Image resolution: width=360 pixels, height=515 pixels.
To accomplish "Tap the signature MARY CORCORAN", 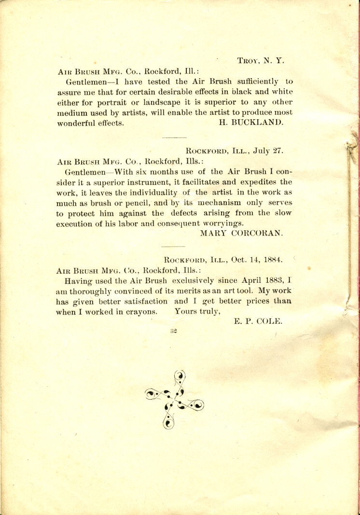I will pos(241,233).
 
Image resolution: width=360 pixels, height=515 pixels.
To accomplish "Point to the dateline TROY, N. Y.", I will pos(261,61).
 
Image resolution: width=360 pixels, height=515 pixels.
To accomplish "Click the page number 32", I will pos(174,331).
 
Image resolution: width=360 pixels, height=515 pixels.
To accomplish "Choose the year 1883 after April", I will pos(270,280).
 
